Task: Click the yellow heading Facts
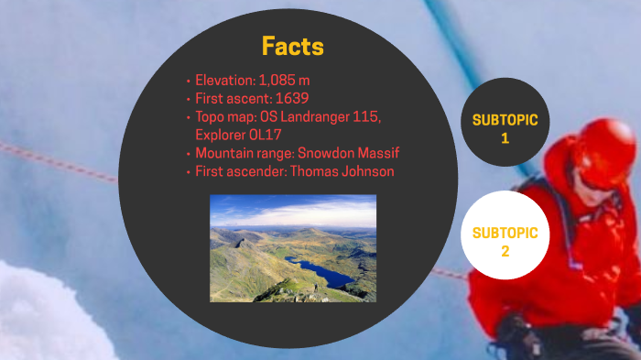(293, 46)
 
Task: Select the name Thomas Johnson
(343, 171)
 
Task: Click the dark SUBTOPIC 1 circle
(505, 129)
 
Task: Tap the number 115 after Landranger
(367, 117)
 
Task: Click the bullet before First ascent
(188, 99)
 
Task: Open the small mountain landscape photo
(293, 247)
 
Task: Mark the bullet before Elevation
(188, 81)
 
